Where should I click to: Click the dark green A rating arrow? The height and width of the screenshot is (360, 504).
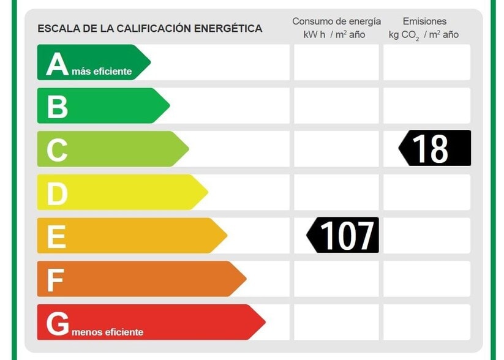click(92, 62)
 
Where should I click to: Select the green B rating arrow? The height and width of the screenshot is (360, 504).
click(101, 105)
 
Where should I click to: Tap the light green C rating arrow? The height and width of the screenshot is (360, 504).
click(110, 149)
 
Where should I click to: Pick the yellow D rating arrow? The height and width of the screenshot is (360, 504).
click(120, 192)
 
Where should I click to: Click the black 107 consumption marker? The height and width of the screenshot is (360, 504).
click(344, 235)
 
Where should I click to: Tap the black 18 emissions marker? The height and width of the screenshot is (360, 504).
click(435, 148)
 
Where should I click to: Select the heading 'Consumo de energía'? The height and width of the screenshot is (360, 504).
click(336, 21)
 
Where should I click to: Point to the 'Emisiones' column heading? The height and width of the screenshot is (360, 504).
click(424, 21)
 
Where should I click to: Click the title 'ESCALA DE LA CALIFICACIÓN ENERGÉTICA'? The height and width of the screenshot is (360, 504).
click(149, 28)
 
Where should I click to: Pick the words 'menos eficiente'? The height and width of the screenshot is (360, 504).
click(107, 332)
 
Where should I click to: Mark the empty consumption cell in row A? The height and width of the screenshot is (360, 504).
click(336, 62)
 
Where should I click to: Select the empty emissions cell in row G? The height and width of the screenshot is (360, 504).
click(427, 322)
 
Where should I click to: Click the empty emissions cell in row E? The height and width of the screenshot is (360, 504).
click(427, 235)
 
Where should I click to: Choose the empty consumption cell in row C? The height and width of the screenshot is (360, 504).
click(336, 149)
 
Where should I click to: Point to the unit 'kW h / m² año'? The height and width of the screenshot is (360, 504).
click(334, 35)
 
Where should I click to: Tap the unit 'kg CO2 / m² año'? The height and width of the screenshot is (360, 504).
click(423, 35)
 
